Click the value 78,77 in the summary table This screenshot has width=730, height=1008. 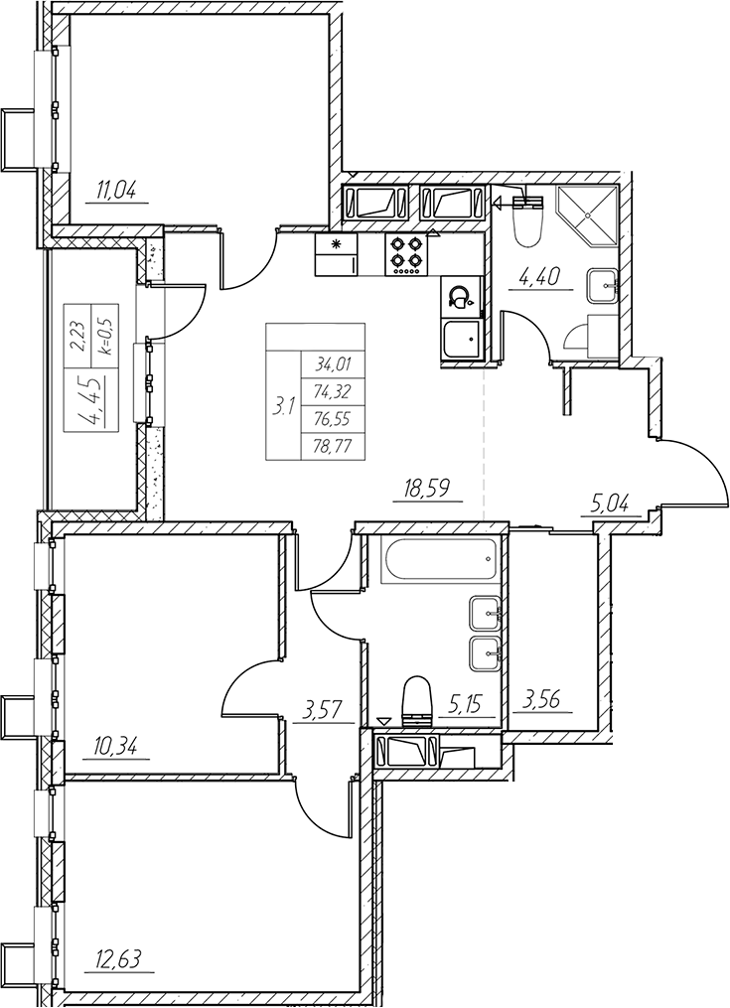click(x=333, y=446)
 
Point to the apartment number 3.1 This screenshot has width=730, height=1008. click(x=283, y=406)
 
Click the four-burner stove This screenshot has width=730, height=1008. click(x=406, y=254)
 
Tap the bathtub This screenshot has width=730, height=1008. click(x=440, y=560)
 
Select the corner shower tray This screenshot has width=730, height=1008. click(x=588, y=216)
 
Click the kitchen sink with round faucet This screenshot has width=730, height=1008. click(x=461, y=297)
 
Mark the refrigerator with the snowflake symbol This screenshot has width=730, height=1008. click(x=337, y=254)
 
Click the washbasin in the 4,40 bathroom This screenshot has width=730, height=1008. click(x=602, y=283)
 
